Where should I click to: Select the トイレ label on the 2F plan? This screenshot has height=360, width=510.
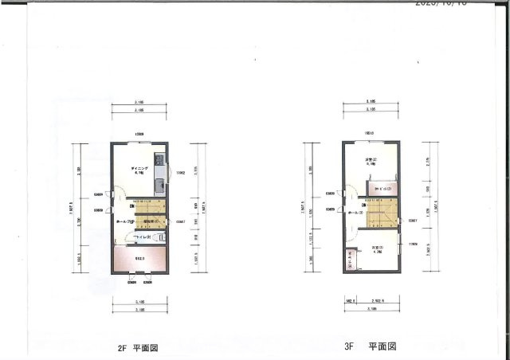pos(143,237)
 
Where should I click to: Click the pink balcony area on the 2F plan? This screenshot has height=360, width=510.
pos(138,259)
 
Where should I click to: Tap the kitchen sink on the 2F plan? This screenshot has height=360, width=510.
pos(159,167)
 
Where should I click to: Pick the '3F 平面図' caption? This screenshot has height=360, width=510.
pos(370,347)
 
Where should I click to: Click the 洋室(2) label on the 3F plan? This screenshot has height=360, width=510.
pos(370,161)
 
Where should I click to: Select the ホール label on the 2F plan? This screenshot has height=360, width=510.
pos(123,222)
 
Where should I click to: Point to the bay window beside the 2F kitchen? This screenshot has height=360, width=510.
pos(168,171)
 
